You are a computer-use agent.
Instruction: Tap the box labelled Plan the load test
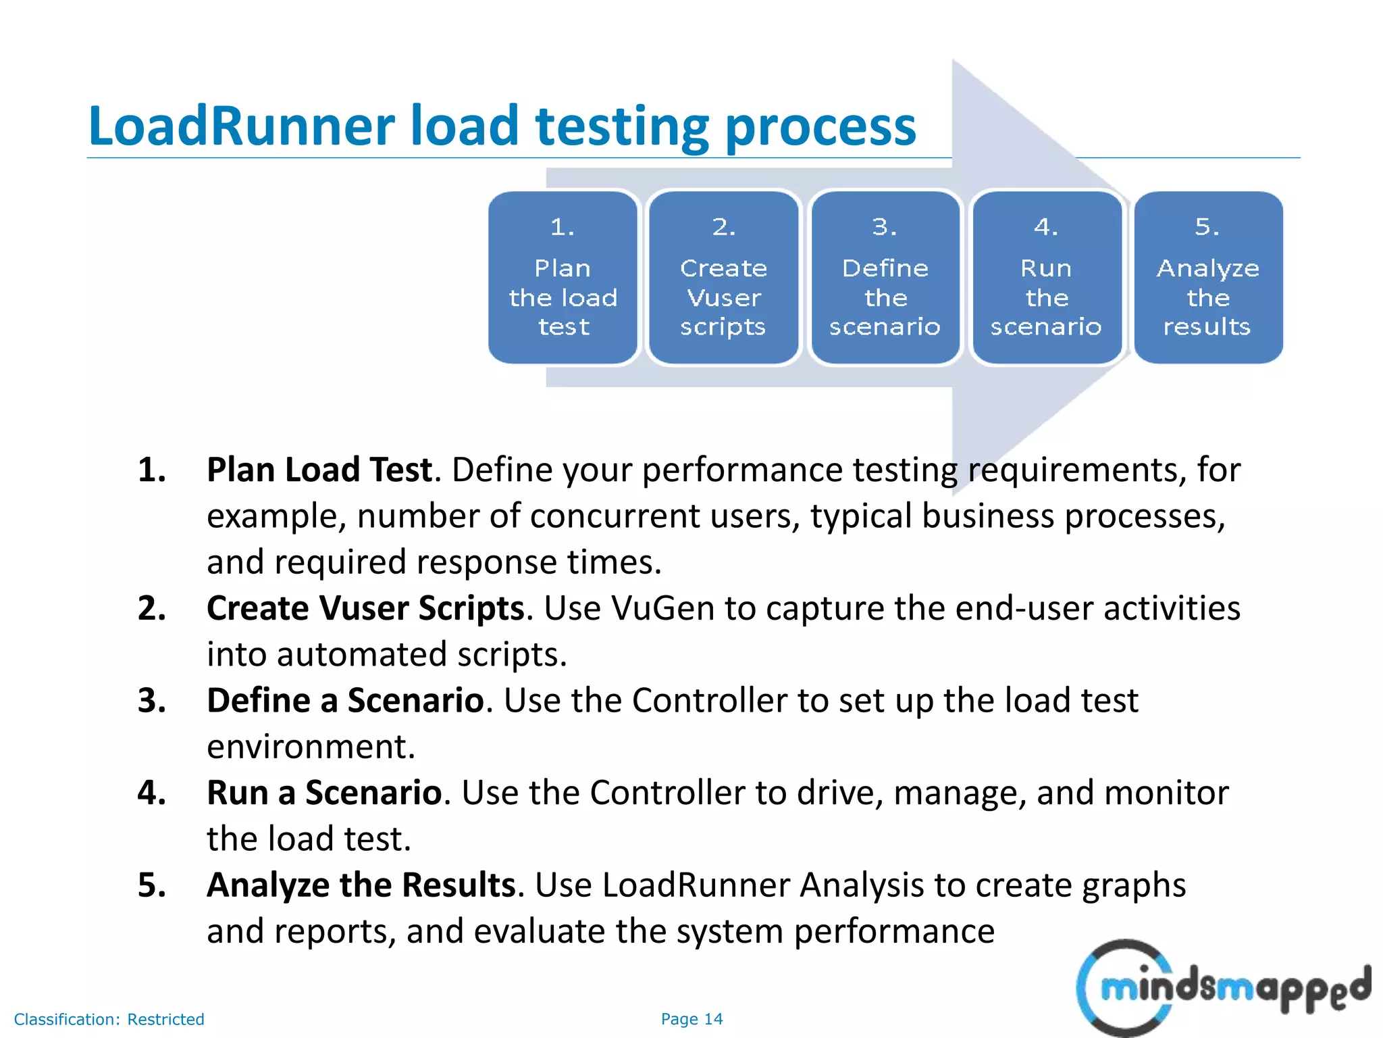click(563, 277)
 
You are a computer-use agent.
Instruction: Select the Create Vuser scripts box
click(723, 277)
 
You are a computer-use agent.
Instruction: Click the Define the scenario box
click(885, 277)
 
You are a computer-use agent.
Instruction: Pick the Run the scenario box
click(1046, 277)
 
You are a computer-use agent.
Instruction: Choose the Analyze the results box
click(1207, 277)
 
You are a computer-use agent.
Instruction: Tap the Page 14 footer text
click(691, 1018)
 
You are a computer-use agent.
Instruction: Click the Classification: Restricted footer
click(109, 1019)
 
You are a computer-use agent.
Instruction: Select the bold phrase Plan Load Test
click(319, 470)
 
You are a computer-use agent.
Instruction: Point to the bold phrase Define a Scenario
click(345, 701)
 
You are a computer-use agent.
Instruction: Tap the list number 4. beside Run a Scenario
click(151, 793)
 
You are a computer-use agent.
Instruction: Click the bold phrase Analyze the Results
click(361, 885)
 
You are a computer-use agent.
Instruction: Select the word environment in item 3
click(311, 747)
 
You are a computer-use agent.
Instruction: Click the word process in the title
click(820, 126)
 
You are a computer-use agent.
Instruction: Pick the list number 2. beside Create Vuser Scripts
click(151, 608)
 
